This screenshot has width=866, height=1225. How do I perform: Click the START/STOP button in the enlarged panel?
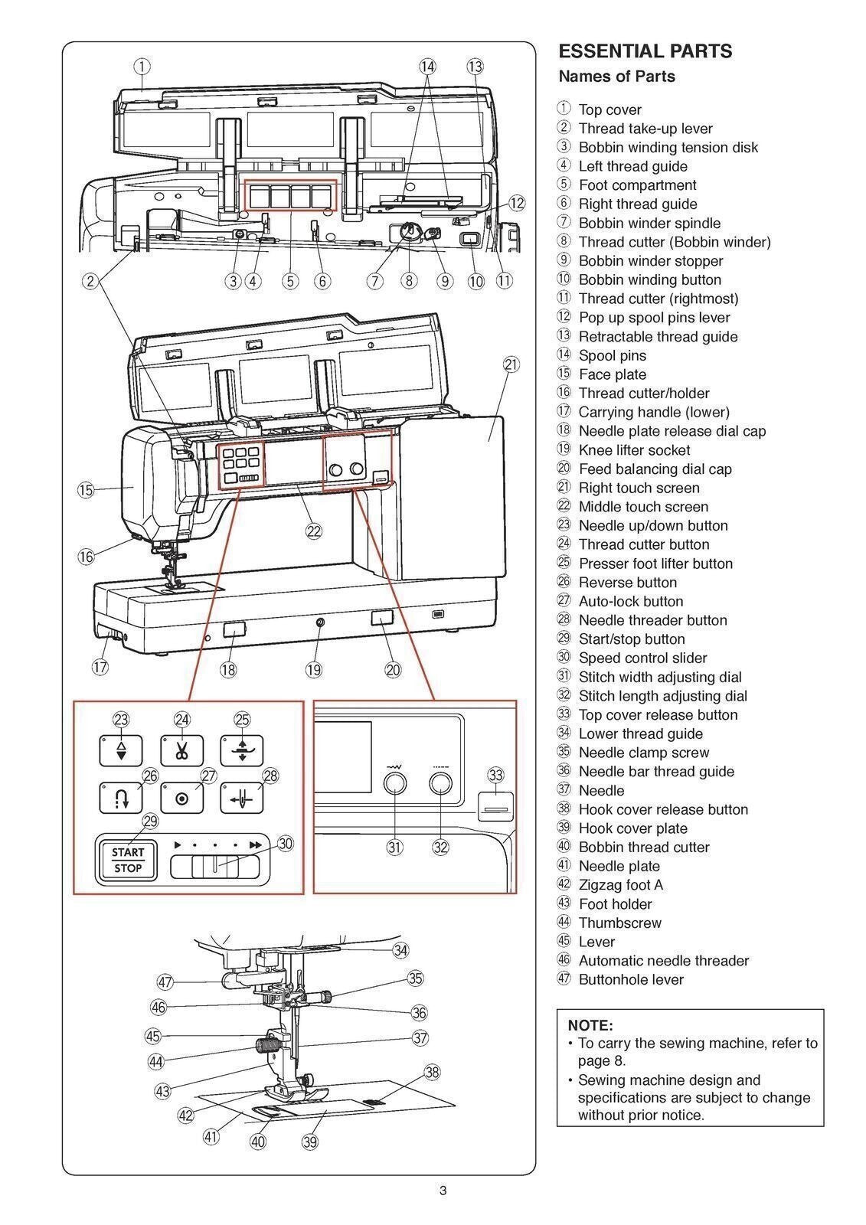[127, 860]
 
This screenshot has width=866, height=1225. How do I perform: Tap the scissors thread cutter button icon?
[181, 750]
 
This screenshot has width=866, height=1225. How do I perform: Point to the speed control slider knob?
[215, 867]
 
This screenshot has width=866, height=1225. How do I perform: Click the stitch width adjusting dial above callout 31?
[394, 782]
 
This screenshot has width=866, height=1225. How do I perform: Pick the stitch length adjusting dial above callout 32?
[440, 782]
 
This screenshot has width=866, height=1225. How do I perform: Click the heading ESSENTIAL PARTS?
[645, 51]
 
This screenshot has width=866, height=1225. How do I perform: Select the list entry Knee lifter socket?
[634, 450]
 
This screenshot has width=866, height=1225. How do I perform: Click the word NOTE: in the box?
[590, 1025]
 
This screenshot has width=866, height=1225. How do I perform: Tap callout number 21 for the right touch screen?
[511, 364]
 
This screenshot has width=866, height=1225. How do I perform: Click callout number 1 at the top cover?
[142, 66]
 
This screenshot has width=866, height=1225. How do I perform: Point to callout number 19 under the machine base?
[313, 670]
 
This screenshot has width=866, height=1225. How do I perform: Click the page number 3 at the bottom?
[443, 1191]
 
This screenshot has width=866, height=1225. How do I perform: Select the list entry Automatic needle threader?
[663, 961]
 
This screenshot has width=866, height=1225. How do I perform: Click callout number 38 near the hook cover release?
[433, 1072]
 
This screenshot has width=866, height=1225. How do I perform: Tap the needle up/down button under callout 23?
[121, 750]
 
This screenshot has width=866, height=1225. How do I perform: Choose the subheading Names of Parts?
[616, 77]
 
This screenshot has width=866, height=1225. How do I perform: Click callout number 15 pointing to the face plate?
[86, 490]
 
